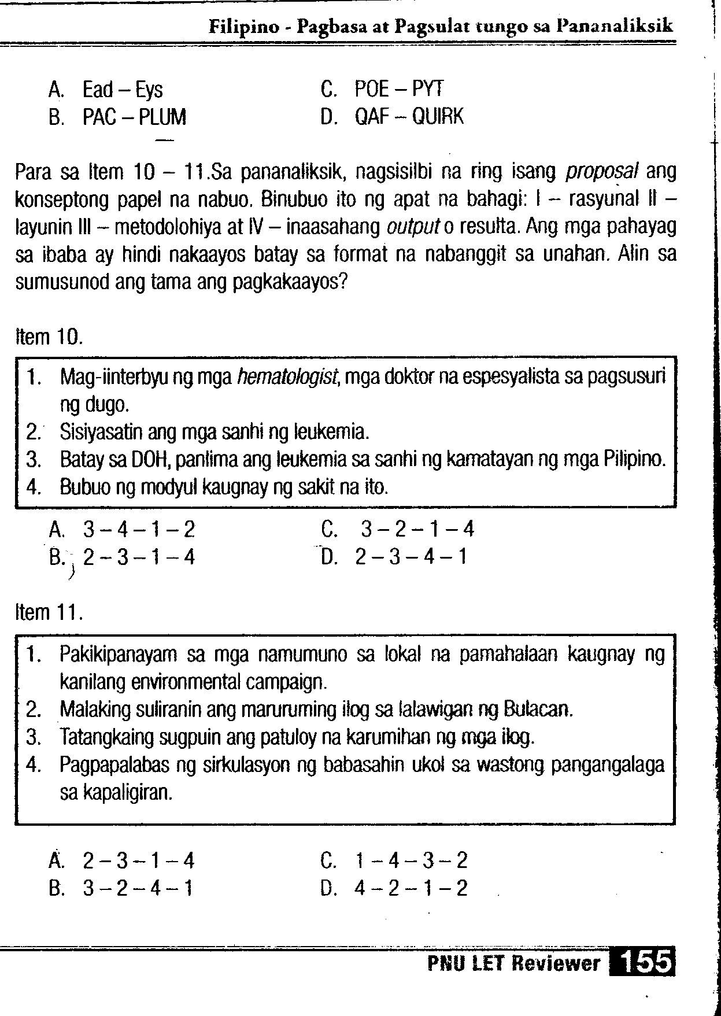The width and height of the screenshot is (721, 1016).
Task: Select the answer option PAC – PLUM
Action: (x=134, y=117)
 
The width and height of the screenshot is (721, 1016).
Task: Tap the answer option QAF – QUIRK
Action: (x=409, y=117)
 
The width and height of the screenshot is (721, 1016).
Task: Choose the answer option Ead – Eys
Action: (x=123, y=90)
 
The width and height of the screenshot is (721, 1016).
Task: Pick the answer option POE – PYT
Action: (x=399, y=90)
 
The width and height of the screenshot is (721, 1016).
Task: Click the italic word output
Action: (x=407, y=227)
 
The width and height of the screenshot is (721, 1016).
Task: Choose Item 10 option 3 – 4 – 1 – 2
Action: (x=139, y=529)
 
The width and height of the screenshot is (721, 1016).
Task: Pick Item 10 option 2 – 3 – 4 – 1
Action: (x=411, y=557)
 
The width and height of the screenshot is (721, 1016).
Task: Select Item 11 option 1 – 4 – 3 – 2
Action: (x=411, y=861)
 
